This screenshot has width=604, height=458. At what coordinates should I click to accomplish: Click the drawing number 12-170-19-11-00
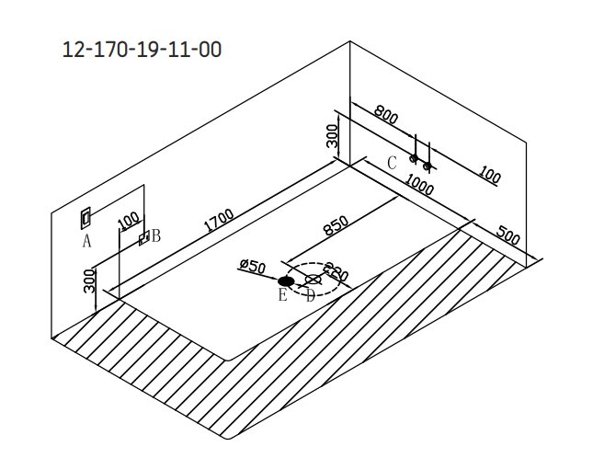point(142,50)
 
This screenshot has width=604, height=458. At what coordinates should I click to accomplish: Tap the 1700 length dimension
point(219,221)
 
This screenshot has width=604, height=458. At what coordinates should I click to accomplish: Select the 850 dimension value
point(336,225)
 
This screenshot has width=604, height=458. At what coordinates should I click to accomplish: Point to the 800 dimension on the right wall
point(385,114)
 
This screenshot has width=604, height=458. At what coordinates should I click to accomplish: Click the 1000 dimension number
point(419,185)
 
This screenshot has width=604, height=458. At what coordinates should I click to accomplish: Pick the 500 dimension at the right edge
point(508,235)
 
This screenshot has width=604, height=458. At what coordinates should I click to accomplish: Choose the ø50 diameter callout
point(252,266)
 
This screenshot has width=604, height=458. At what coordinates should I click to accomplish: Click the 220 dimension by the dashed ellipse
point(336,271)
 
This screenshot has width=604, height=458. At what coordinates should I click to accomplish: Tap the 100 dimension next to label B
point(128,221)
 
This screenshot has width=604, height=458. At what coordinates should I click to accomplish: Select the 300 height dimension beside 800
point(332,135)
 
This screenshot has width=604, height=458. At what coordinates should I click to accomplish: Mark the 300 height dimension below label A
point(89,281)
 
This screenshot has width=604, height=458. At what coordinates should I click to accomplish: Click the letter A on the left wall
point(87,241)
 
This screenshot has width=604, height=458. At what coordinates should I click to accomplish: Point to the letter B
point(155,235)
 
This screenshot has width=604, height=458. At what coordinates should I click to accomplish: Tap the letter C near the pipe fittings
point(392,163)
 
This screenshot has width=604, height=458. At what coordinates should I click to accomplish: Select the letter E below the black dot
point(282,294)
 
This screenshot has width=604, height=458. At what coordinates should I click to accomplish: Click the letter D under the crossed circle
point(310,296)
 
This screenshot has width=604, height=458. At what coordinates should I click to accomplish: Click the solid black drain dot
point(286,281)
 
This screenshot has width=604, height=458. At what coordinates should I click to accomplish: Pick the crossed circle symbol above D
point(313,280)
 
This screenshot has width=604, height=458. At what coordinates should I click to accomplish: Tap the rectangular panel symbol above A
point(85,218)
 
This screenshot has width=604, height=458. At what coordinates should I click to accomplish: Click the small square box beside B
point(144,237)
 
